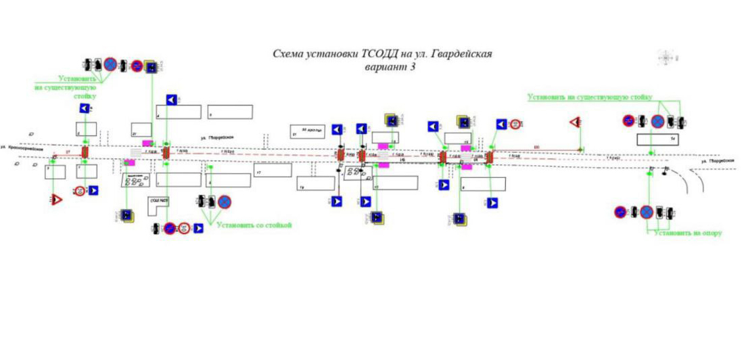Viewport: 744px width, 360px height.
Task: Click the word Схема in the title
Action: point(287,54)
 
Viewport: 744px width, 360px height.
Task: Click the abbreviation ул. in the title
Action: point(417,54)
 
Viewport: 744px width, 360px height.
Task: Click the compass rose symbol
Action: point(667,58)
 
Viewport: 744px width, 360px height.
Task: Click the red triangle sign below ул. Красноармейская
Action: point(56,200)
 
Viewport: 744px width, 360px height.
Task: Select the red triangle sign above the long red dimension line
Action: point(574,122)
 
